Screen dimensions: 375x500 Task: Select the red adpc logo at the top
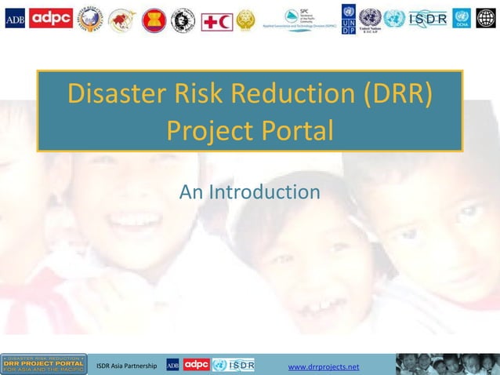coord(51,19)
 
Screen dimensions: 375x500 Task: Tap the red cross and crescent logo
coord(217,20)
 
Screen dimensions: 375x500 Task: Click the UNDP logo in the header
coord(348,20)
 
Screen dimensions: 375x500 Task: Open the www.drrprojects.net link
coord(324,366)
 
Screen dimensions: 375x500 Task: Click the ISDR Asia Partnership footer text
coord(126,366)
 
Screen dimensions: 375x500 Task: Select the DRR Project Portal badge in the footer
coord(44,364)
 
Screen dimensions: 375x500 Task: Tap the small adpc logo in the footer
coord(196,365)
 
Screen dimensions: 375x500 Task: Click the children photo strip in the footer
coord(447,364)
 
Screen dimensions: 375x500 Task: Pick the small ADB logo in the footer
coord(173,365)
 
